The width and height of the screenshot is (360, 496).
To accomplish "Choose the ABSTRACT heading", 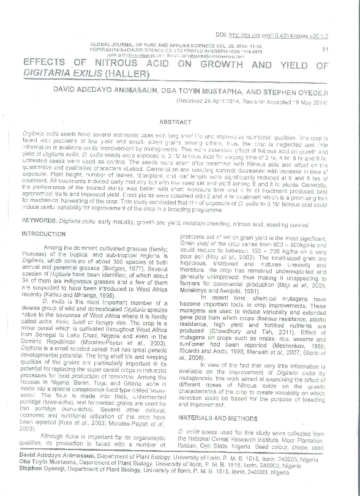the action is point(176,122).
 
